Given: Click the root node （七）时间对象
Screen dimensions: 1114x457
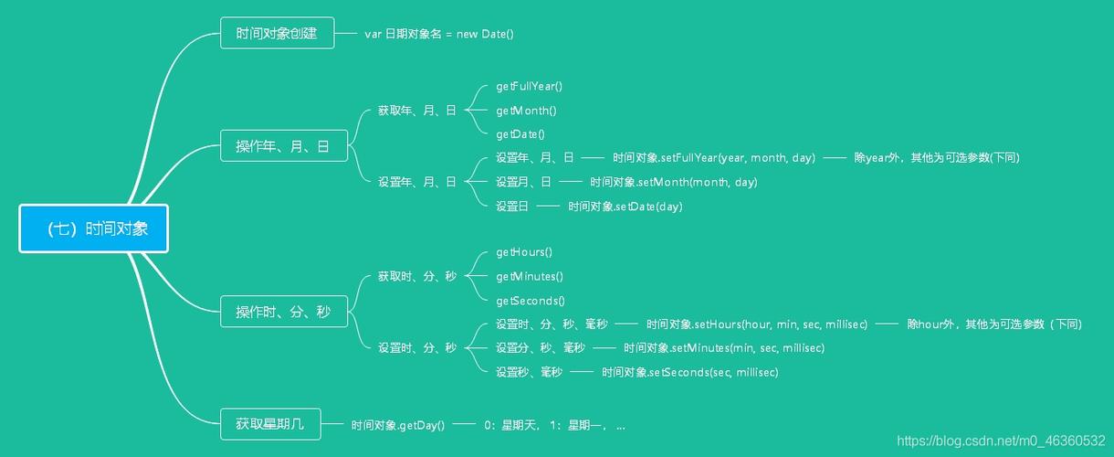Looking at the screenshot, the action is click(94, 228).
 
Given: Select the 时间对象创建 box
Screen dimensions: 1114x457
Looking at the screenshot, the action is click(277, 34).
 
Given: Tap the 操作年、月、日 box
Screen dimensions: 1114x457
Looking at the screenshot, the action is click(283, 146).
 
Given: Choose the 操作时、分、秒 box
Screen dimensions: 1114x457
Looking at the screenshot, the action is click(283, 312).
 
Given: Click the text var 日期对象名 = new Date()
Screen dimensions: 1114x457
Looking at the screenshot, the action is click(439, 34).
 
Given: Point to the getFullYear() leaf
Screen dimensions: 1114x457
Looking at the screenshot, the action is click(529, 86).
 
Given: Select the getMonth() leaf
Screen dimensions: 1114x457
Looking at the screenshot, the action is click(526, 111).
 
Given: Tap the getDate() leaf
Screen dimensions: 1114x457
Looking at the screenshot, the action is click(520, 134).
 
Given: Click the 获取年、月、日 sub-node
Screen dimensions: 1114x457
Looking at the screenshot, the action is click(416, 111).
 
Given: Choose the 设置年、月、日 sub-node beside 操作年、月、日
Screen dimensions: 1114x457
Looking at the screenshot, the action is click(416, 182).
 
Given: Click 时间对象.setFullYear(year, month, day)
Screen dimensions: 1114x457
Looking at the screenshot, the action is click(713, 157).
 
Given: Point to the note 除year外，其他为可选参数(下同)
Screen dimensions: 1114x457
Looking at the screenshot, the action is click(936, 157).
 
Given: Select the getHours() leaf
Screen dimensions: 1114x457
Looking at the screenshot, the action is click(524, 251).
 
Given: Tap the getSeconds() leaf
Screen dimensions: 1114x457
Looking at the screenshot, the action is click(531, 300).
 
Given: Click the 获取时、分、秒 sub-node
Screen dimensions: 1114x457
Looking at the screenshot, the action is click(416, 276).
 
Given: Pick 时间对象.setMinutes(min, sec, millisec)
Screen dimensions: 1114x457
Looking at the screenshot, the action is click(724, 347).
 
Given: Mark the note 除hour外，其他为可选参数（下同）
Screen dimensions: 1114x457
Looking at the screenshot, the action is click(993, 324).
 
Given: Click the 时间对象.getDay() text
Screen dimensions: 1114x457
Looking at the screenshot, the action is click(398, 425).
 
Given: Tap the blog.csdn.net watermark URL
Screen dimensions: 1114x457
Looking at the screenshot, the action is click(1001, 441).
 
